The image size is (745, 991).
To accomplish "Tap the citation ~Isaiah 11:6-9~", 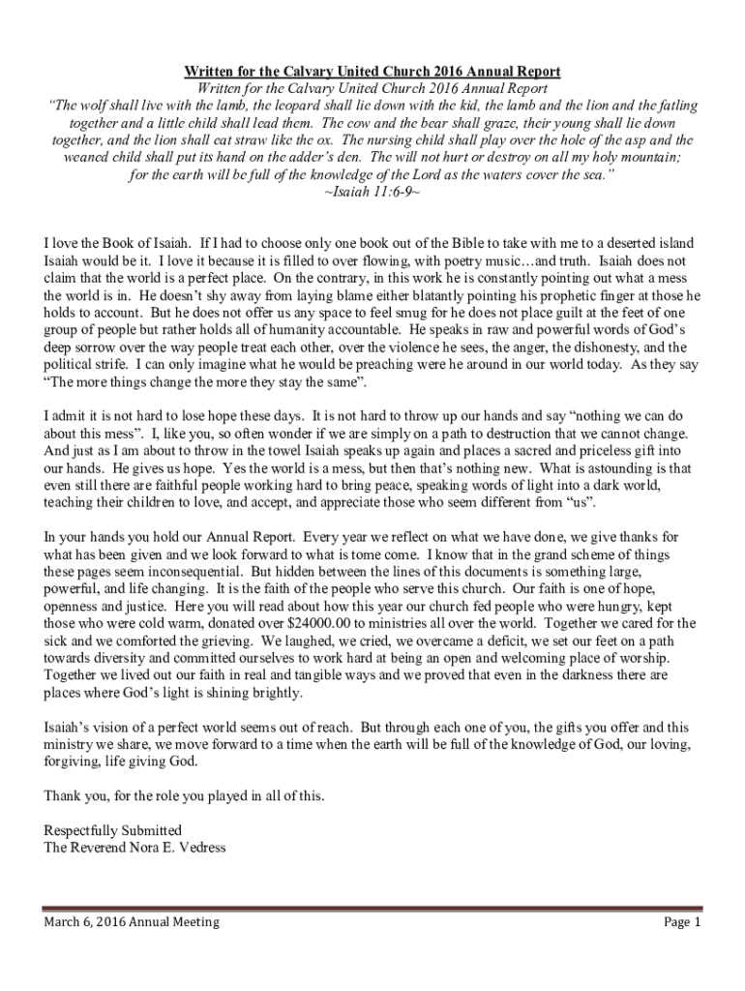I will (372, 192).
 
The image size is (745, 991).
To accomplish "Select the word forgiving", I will (76, 761).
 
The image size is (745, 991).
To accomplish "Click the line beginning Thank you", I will (185, 796).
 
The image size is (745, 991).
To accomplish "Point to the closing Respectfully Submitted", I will (113, 830).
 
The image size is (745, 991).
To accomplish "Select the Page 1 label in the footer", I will (681, 922).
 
